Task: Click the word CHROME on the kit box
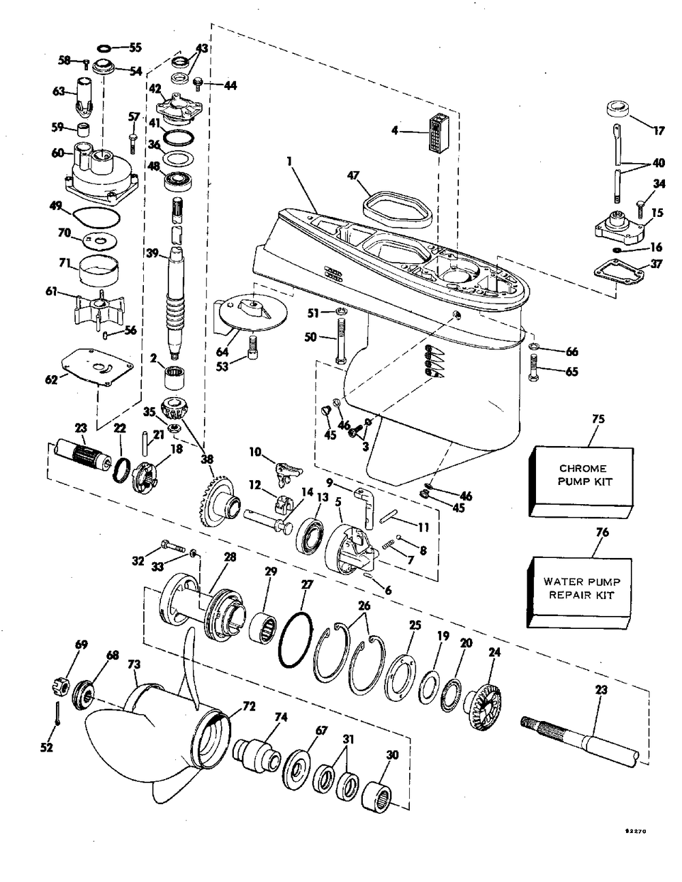click(583, 468)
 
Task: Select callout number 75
click(598, 419)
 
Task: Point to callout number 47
click(353, 175)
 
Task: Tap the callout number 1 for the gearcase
click(289, 162)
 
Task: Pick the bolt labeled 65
click(533, 366)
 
